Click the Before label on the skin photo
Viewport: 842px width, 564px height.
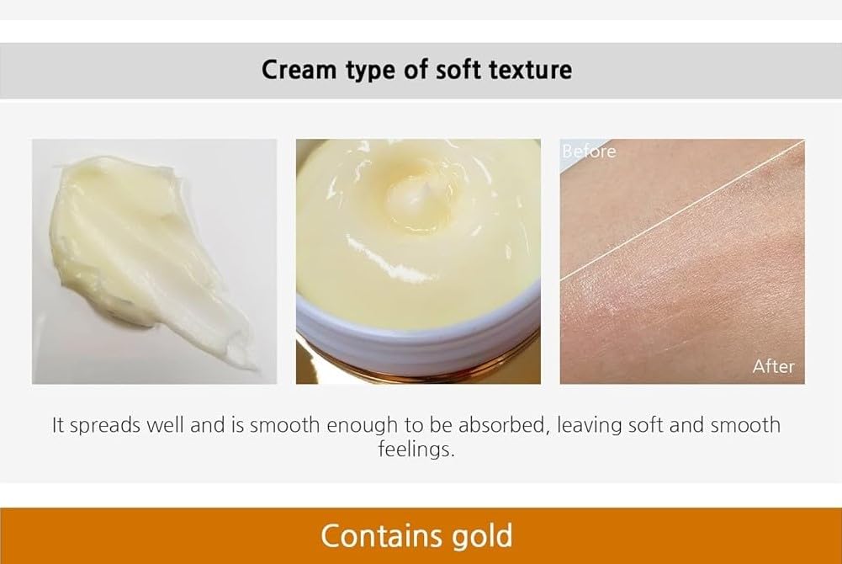pos(589,152)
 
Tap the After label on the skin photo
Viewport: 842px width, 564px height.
pos(773,366)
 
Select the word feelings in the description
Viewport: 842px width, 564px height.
pos(416,449)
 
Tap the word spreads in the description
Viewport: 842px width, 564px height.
pos(104,425)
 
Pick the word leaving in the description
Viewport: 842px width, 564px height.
pos(589,425)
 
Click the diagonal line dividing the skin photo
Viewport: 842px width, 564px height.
pos(682,210)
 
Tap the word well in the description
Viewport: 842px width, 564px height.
pos(166,425)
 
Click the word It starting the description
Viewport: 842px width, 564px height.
pos(58,425)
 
